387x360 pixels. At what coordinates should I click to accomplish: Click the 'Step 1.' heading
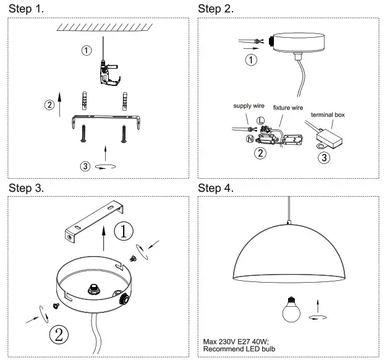coord(25,9)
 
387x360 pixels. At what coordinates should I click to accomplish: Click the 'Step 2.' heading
coord(216,9)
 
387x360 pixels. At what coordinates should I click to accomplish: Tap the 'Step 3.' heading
coord(25,187)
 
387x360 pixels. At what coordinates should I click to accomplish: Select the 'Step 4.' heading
coord(216,187)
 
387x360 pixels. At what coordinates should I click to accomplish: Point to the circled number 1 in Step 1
coord(87,49)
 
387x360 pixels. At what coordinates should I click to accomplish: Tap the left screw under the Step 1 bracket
coord(83,132)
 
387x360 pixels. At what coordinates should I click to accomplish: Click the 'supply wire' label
coord(249,106)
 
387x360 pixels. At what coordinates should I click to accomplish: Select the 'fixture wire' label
coord(288,108)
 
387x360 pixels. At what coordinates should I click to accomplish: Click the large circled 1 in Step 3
coord(125,232)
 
